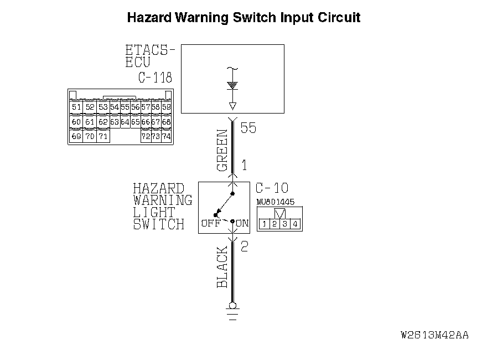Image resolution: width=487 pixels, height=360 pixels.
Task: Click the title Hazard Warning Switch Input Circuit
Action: (x=244, y=17)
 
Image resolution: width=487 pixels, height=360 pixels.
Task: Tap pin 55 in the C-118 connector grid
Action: (x=125, y=107)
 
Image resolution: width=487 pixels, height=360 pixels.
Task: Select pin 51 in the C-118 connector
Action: (x=77, y=107)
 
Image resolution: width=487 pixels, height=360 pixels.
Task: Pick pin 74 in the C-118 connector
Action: (x=166, y=136)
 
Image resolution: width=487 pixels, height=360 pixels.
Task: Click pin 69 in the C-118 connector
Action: (x=77, y=136)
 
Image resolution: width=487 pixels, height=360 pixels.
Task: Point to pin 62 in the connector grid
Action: (x=103, y=121)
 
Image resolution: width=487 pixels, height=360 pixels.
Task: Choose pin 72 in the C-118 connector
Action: (x=146, y=136)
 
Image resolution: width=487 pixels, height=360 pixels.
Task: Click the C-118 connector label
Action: (x=155, y=78)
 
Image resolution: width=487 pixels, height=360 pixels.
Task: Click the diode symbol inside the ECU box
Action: (x=232, y=86)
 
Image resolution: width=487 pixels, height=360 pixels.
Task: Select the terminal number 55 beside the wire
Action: (x=248, y=128)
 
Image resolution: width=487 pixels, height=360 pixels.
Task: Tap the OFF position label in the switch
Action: (x=211, y=223)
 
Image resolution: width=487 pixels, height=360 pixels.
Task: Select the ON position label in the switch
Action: (x=242, y=223)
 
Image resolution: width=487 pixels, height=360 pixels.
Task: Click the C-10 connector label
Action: (x=272, y=188)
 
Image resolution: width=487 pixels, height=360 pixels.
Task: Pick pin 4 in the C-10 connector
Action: (x=296, y=224)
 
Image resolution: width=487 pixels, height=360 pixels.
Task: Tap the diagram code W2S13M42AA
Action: (x=434, y=335)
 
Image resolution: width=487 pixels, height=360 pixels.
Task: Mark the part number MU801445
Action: (x=276, y=202)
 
